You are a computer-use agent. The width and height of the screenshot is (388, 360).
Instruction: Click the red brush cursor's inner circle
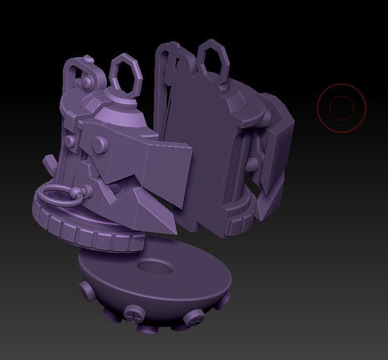[341, 108]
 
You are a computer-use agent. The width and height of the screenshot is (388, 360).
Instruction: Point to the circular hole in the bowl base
[155, 267]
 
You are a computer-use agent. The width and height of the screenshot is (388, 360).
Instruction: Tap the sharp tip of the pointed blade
[174, 231]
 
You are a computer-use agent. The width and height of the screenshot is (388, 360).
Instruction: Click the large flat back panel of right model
[196, 152]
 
